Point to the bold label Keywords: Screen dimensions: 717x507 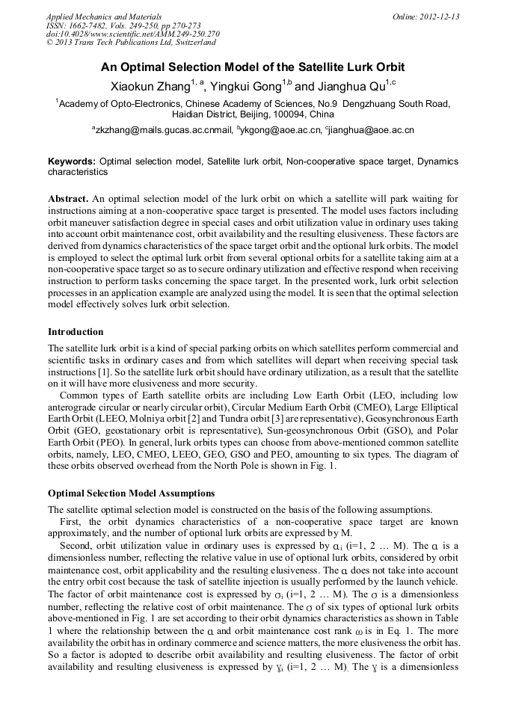pyautogui.click(x=72, y=161)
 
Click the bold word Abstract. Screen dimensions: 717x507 pyautogui.click(x=68, y=199)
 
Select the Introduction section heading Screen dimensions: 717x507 pyautogui.click(x=76, y=332)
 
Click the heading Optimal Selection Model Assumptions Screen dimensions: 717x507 pyautogui.click(x=131, y=493)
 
